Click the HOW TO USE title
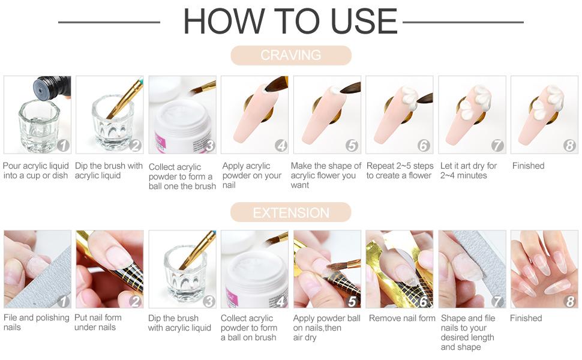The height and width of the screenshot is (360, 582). point(290,22)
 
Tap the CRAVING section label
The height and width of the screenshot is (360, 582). point(290,55)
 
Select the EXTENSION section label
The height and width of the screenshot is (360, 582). point(290,213)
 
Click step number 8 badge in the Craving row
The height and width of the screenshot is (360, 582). point(569,145)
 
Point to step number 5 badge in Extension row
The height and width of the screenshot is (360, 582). point(352,301)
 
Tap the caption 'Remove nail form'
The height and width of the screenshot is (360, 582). point(402,318)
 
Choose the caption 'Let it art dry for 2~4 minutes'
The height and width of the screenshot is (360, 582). point(469,170)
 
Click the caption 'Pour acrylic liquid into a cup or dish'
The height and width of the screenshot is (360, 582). point(35,170)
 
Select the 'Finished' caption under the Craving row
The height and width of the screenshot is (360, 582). point(528,166)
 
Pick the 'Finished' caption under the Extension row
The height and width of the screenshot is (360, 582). point(526,318)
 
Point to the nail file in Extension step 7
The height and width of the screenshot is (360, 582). point(480,252)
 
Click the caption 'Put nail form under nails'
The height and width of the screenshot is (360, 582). point(98,322)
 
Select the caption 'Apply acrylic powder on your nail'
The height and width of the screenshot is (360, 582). point(251,175)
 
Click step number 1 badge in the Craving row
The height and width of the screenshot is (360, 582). point(64,145)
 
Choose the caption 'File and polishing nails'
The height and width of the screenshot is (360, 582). point(36,322)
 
